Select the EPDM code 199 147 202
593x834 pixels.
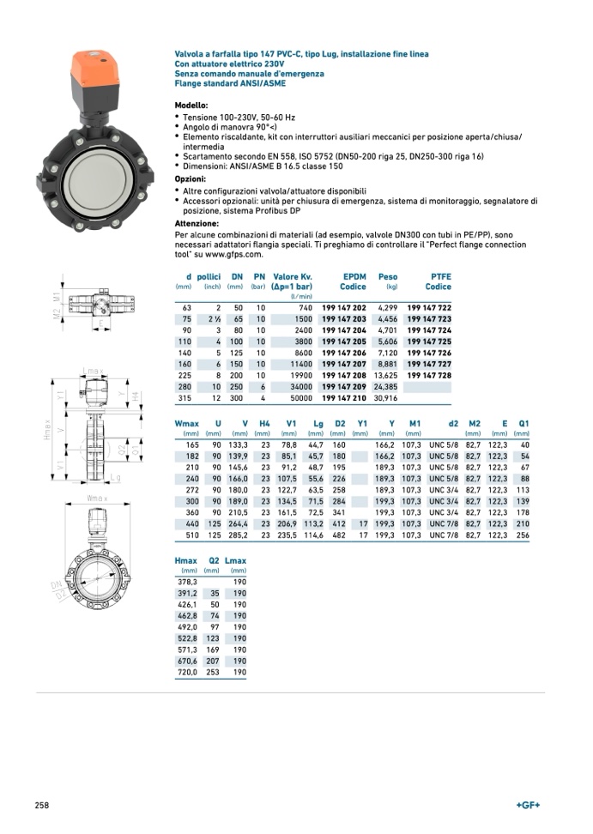343,308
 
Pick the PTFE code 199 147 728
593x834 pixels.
428,375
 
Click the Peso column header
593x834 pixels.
388,276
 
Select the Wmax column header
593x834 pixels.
186,424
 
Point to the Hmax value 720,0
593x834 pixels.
185,673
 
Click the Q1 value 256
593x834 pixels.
523,535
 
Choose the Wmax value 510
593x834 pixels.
191,535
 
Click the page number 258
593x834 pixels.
41,805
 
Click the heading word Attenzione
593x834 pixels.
197,223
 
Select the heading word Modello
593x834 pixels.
191,105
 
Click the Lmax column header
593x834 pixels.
234,560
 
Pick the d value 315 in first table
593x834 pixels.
185,397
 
